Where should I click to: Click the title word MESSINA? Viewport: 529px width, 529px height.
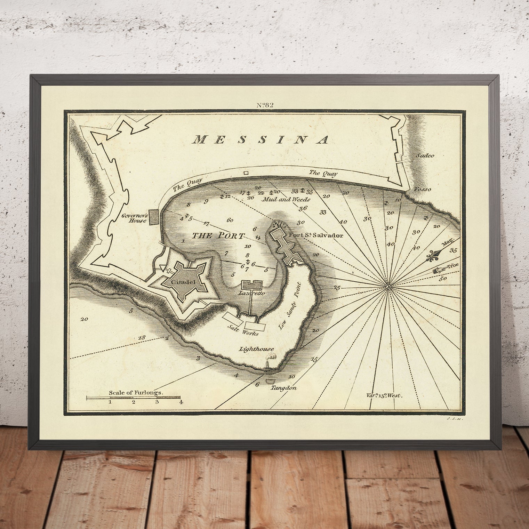coord(261,140)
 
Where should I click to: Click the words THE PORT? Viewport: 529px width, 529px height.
coord(218,235)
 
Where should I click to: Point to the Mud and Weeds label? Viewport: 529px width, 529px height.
coord(286,200)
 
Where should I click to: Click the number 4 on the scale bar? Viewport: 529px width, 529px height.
coord(181,403)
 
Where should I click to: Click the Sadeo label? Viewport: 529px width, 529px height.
coord(425,156)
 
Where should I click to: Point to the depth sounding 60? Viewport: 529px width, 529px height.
coord(230,220)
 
